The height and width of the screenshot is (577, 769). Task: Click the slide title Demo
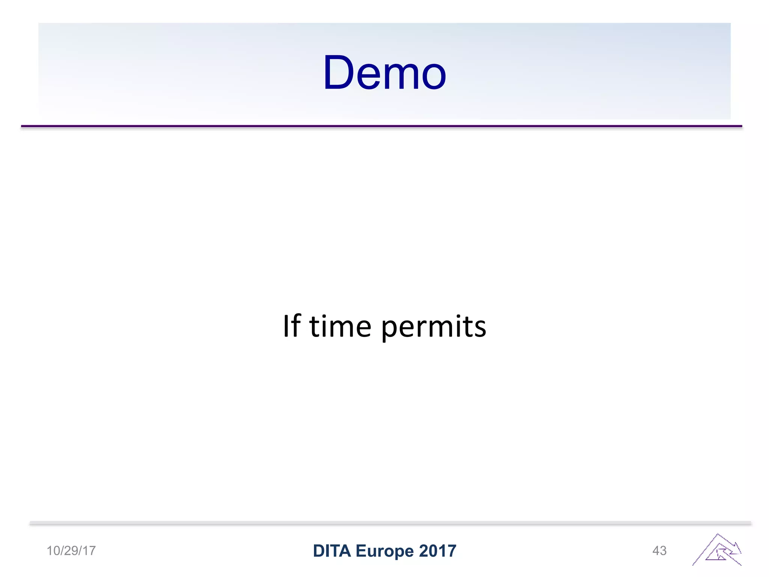click(x=384, y=73)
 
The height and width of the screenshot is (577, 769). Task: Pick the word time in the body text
click(x=340, y=326)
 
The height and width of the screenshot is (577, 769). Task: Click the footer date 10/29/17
click(x=71, y=551)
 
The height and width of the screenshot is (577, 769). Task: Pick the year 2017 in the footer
click(x=437, y=551)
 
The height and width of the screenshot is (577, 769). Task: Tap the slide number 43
click(x=659, y=551)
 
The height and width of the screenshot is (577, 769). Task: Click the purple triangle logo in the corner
click(x=717, y=550)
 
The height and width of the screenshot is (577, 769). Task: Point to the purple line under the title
click(x=381, y=126)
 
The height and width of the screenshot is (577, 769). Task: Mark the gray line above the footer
click(x=391, y=523)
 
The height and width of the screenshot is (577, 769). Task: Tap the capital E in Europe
click(x=360, y=551)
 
